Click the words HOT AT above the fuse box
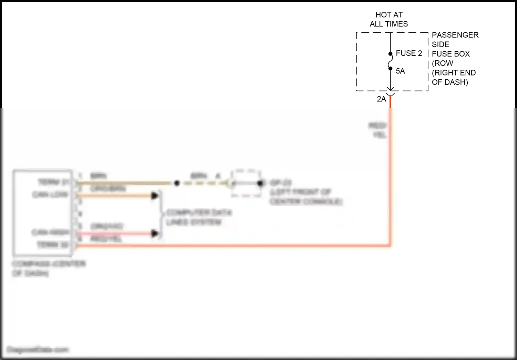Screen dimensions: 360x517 tap(389, 15)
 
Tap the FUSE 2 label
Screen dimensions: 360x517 tap(409, 53)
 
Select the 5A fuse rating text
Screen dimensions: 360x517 tap(400, 71)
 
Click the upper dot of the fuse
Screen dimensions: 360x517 tap(390, 54)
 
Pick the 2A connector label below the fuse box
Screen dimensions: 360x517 tap(381, 99)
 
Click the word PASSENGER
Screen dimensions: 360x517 tap(455, 35)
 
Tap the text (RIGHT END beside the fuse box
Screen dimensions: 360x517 tap(454, 73)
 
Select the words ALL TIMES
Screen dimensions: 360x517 tap(389, 24)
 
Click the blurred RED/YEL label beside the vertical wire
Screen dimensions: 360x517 tap(378, 130)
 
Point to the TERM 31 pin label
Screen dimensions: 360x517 tap(54, 182)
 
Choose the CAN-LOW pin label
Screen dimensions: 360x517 tap(50, 195)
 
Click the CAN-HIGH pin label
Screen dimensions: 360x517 tap(50, 232)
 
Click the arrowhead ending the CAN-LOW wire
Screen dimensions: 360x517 tap(155, 196)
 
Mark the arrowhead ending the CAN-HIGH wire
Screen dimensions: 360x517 tap(155, 234)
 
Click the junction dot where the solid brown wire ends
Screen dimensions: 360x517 tap(177, 183)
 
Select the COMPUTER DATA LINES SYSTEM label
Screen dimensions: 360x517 tap(199, 217)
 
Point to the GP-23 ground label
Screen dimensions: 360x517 tap(281, 183)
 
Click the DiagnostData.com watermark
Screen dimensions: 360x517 tap(38, 350)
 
